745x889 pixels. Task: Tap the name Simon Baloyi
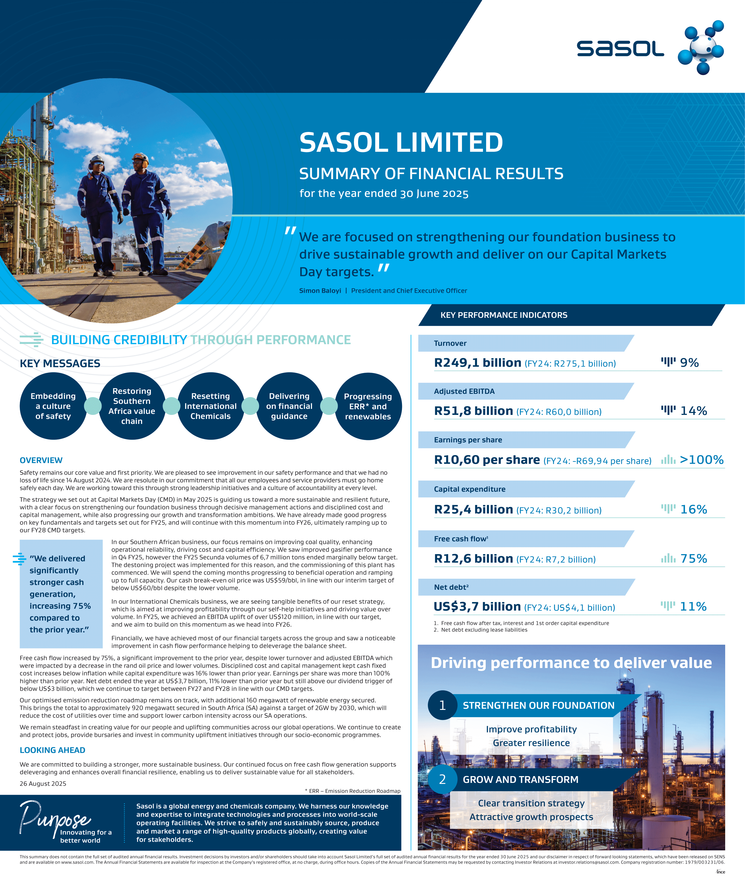[x=320, y=291]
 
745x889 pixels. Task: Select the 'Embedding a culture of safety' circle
[x=53, y=406]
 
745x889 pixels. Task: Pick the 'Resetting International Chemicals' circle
[x=211, y=406]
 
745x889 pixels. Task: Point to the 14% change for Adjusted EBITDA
[x=693, y=411]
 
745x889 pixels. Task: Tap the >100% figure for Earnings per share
[x=701, y=460]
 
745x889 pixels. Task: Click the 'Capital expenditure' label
[x=469, y=489]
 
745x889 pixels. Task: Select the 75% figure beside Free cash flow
[x=693, y=558]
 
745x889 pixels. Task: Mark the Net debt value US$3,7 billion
[x=477, y=607]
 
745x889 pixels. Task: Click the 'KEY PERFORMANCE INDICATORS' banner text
[x=504, y=315]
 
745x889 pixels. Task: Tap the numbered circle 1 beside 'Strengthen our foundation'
[x=442, y=705]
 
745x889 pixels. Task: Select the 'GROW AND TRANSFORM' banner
[x=520, y=779]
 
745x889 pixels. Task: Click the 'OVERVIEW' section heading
[x=41, y=460]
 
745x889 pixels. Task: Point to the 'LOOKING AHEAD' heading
[x=52, y=750]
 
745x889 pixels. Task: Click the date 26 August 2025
[x=43, y=784]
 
